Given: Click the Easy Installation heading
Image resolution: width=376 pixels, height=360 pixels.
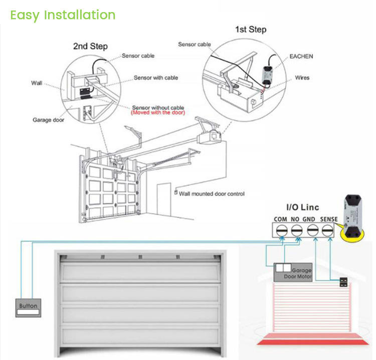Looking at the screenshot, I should tap(63, 15).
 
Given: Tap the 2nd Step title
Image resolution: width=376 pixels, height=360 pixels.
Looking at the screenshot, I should tap(90, 46).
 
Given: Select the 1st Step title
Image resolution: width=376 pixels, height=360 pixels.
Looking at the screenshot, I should tap(251, 30).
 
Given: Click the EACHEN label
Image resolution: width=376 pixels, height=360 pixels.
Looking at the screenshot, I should tap(301, 57).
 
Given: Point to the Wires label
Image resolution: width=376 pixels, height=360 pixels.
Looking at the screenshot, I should tap(302, 78).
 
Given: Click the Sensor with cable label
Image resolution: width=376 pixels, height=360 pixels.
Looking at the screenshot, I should tap(155, 78).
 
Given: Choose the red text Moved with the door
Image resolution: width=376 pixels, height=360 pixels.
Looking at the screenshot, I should tap(157, 113).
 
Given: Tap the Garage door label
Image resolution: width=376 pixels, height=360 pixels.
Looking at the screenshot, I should tap(48, 120).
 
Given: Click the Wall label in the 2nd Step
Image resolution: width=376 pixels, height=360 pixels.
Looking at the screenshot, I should tap(36, 83).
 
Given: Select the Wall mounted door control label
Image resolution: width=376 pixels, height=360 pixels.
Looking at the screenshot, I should tap(212, 193).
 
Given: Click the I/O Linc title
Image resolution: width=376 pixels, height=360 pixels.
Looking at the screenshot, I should tap(302, 207).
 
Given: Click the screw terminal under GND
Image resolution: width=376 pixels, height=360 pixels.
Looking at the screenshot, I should tap(312, 230).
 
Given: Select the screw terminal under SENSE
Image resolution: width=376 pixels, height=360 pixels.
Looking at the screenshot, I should tap(327, 230).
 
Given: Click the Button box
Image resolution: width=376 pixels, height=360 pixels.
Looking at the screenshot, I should tap(28, 307).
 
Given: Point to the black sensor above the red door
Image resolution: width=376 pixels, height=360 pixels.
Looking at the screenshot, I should tap(344, 282).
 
